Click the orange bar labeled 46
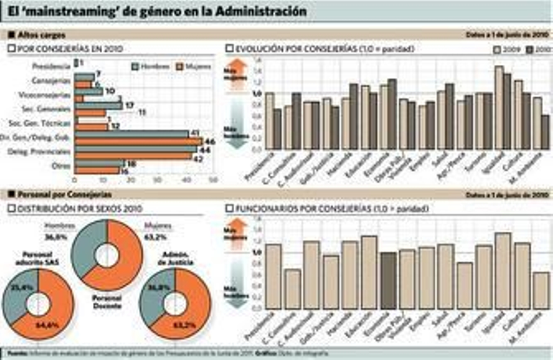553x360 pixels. pyautogui.click(x=138, y=141)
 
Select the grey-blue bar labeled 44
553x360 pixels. pyautogui.click(x=135, y=149)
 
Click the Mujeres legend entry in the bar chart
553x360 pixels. pyautogui.click(x=194, y=66)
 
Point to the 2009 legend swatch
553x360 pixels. pyautogui.click(x=497, y=50)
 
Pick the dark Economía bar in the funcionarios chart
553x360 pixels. pyautogui.click(x=388, y=281)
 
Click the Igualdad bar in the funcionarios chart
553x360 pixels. pyautogui.click(x=503, y=271)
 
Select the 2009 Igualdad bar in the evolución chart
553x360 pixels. pyautogui.click(x=499, y=108)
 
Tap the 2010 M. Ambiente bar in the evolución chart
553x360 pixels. pyautogui.click(x=545, y=132)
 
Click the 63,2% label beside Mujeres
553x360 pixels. pyautogui.click(x=155, y=237)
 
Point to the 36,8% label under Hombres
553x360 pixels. pyautogui.click(x=56, y=237)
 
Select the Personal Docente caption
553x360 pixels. pyautogui.click(x=107, y=302)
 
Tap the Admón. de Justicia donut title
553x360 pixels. pyautogui.click(x=175, y=258)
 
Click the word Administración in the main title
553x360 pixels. pyautogui.click(x=261, y=11)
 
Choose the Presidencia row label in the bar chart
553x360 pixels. pyautogui.click(x=51, y=66)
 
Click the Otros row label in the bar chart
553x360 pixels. pyautogui.click(x=61, y=166)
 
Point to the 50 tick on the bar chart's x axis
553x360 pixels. pyautogui.click(x=213, y=180)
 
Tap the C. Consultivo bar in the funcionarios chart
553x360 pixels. pyautogui.click(x=293, y=289)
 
